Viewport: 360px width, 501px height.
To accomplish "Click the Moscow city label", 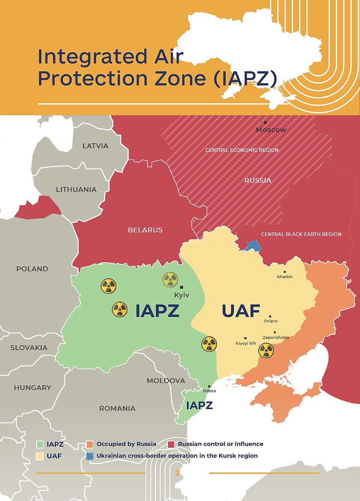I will click(x=271, y=130).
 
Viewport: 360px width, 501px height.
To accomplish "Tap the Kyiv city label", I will click(x=181, y=295).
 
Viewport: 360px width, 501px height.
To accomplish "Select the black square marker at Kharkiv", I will click(x=285, y=272).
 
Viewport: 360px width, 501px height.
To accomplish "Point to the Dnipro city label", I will click(x=270, y=321).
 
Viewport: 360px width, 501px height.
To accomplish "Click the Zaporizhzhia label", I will click(x=276, y=337).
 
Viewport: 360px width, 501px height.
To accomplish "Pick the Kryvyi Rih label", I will click(x=246, y=343).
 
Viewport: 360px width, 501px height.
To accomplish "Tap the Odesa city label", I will click(x=209, y=391).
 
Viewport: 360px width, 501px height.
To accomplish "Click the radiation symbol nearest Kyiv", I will click(x=170, y=280).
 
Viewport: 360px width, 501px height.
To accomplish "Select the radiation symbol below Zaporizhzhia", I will click(x=266, y=351).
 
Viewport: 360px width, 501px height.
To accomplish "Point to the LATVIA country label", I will click(x=95, y=146).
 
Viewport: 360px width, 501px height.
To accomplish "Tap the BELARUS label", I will click(x=145, y=230).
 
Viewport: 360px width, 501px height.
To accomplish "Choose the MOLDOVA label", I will click(x=166, y=381).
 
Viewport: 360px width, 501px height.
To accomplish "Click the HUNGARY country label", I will click(x=33, y=388).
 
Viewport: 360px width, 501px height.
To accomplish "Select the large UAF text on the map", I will click(x=241, y=311).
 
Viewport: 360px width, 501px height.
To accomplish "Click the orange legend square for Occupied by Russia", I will click(x=89, y=444).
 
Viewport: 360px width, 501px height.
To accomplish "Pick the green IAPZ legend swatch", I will click(x=40, y=444).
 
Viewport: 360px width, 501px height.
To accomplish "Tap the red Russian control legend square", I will click(x=171, y=444).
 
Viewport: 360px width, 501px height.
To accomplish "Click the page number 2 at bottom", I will click(x=177, y=473).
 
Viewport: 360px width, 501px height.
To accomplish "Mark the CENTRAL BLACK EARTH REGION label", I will click(x=301, y=234).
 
